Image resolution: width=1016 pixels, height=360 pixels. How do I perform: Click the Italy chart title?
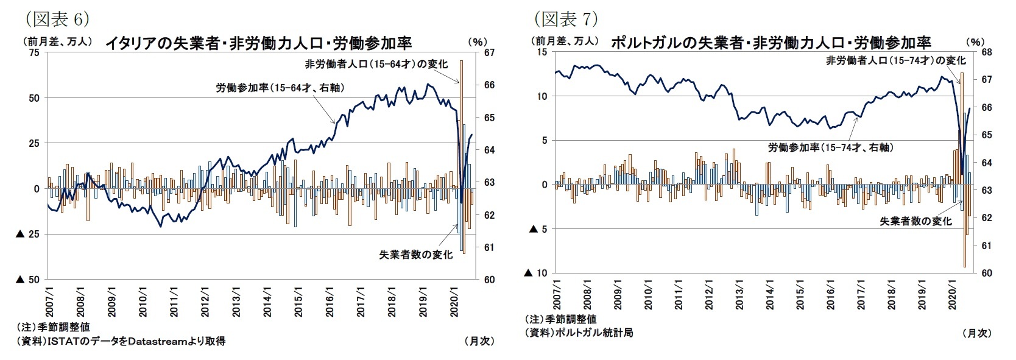(258, 43)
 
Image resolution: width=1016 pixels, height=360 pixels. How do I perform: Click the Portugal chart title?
(770, 43)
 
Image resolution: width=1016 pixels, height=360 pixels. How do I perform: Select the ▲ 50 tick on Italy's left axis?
(27, 280)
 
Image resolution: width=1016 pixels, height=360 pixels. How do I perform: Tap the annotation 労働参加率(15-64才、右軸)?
(280, 88)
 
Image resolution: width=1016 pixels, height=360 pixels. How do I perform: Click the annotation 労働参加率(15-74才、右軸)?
(830, 147)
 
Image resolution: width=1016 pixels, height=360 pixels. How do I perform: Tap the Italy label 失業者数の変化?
(416, 255)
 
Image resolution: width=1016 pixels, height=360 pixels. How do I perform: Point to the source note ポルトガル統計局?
(579, 333)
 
